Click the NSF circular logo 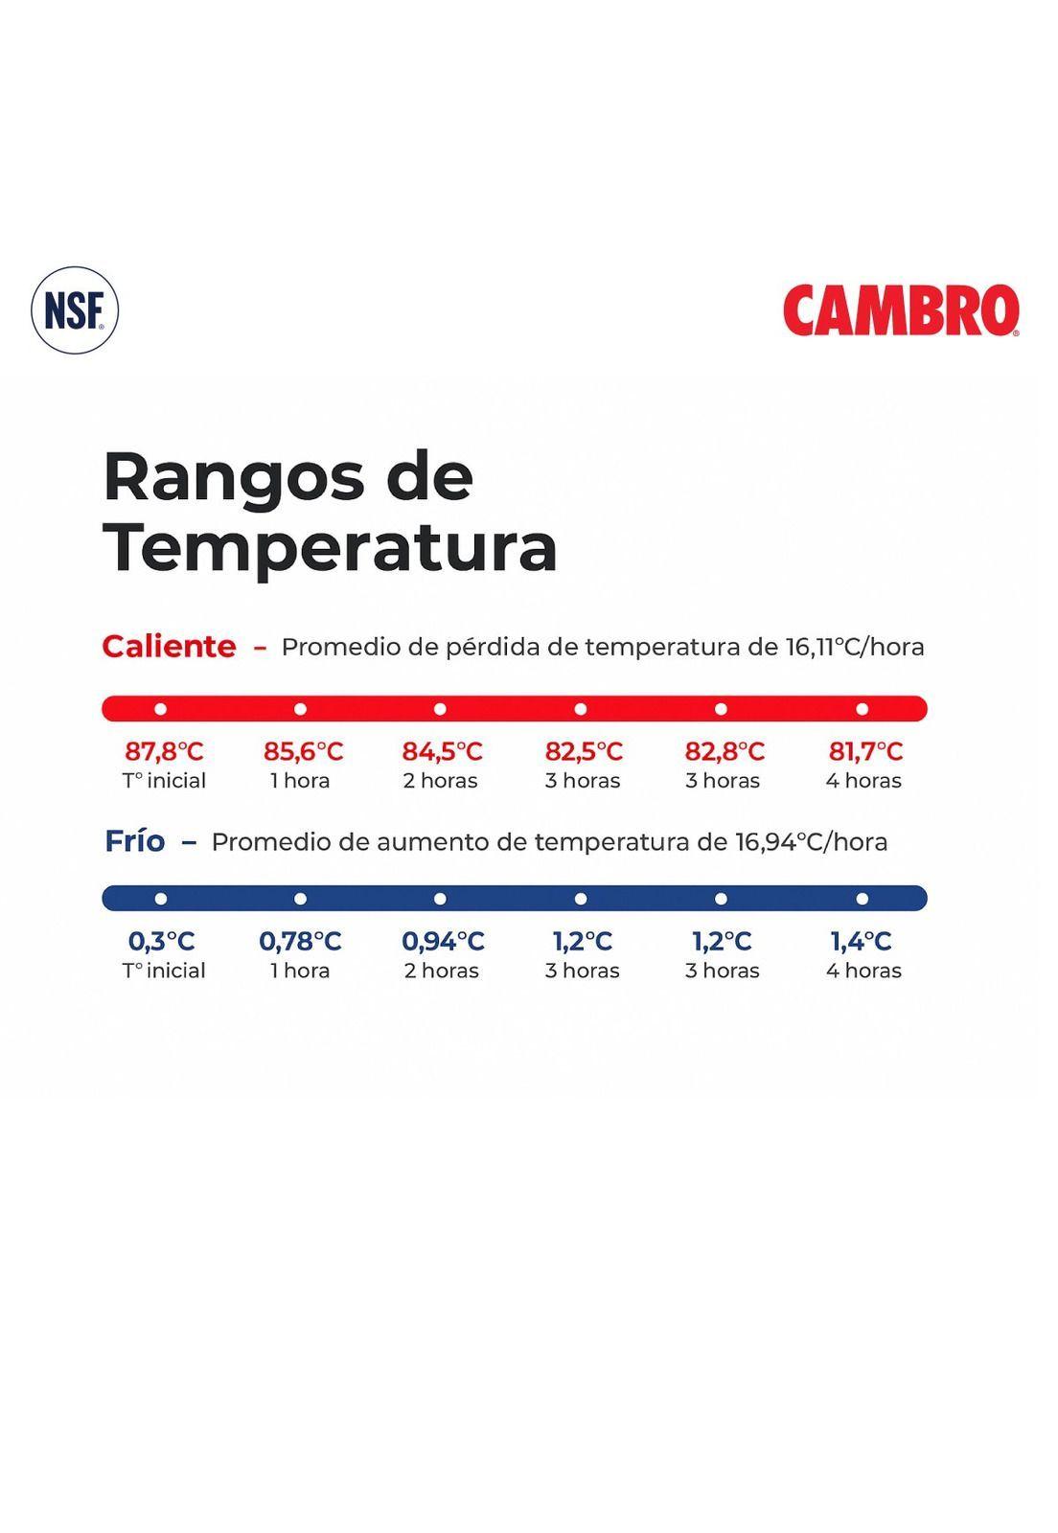click(x=75, y=310)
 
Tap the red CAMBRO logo click(x=901, y=310)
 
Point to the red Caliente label click(x=169, y=647)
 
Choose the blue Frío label click(x=135, y=841)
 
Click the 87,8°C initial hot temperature click(x=164, y=751)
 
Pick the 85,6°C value click(x=303, y=751)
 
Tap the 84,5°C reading click(x=442, y=751)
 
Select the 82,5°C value click(x=583, y=751)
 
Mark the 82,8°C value click(x=724, y=751)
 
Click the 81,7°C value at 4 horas click(x=864, y=751)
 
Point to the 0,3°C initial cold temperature click(x=161, y=941)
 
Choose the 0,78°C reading click(x=300, y=941)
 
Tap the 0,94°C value click(x=442, y=941)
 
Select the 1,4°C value click(x=861, y=941)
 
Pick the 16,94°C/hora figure click(x=811, y=842)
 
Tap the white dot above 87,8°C click(x=160, y=709)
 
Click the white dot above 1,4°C click(x=862, y=899)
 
